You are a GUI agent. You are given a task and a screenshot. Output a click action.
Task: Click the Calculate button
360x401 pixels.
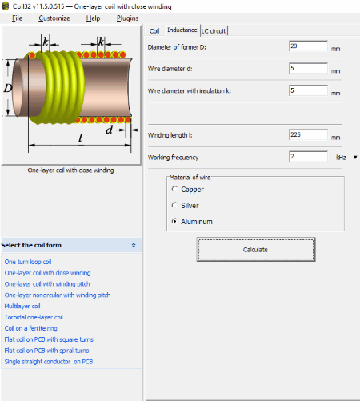(256, 250)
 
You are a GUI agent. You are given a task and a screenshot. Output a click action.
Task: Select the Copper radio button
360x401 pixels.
(174, 189)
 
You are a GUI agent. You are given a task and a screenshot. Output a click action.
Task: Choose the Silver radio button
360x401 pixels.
(174, 205)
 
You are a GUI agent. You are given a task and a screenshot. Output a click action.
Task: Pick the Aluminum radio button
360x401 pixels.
(174, 221)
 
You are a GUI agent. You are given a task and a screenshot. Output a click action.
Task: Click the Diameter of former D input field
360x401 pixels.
(308, 46)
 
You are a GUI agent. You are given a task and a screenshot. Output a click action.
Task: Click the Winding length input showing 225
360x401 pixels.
(308, 134)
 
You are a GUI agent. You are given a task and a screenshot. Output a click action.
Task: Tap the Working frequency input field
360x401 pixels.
(308, 157)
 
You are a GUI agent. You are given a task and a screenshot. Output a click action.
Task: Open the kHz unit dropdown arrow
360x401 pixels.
(355, 158)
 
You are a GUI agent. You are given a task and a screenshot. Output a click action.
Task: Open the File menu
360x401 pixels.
(17, 18)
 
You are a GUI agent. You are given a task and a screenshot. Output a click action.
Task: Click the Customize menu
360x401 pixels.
(54, 18)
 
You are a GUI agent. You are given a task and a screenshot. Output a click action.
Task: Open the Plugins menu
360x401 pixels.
(127, 18)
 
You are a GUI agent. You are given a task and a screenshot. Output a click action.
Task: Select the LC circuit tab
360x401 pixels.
(214, 31)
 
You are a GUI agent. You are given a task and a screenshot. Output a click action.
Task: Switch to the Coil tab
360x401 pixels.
(154, 31)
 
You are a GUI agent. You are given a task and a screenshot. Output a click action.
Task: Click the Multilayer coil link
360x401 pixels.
(22, 306)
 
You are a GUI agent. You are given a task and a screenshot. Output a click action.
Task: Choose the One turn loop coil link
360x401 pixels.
(28, 262)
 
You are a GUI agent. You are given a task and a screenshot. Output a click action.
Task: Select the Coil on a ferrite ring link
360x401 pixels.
(31, 328)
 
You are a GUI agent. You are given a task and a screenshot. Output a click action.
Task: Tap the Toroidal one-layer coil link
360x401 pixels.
(34, 317)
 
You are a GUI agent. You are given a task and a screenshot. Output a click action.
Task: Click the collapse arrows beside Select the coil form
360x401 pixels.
(134, 245)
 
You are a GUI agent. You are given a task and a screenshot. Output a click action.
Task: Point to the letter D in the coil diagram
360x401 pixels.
(8, 88)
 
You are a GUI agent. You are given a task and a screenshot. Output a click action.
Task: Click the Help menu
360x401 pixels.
(93, 18)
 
